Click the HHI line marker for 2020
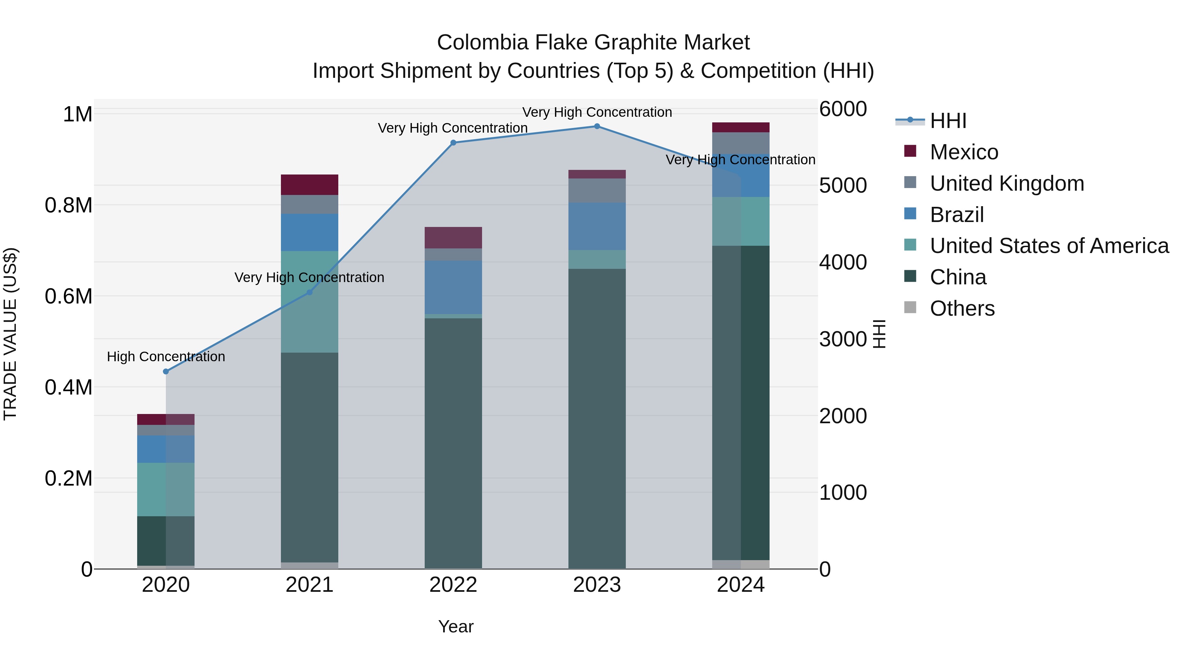pos(166,371)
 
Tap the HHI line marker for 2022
pos(453,143)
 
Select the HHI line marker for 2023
pos(597,126)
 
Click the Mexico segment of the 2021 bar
pos(309,185)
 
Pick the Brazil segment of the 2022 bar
pos(453,287)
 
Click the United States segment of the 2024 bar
pos(741,221)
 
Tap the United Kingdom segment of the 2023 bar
pos(597,190)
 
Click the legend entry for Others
pos(962,308)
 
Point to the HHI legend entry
pos(948,121)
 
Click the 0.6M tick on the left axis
pos(68,297)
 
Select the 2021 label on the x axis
pos(309,585)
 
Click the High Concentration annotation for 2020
pos(166,357)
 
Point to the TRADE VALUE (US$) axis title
pos(11,334)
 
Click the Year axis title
pos(456,626)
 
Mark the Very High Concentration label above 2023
pos(597,112)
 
